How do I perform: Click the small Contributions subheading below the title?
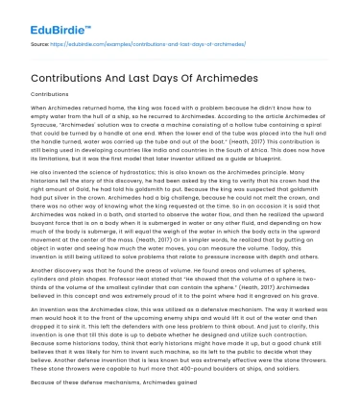[50, 95]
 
